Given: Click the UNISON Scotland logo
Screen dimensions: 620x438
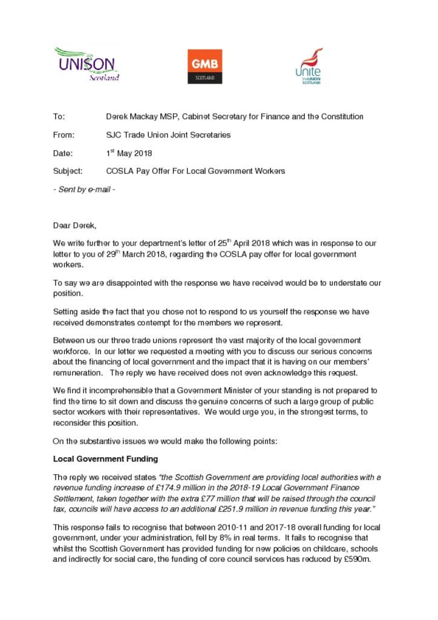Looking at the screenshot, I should (86, 65).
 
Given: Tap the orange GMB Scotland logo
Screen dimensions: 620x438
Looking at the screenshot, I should (205, 66).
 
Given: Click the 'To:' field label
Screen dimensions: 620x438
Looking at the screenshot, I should (59, 116).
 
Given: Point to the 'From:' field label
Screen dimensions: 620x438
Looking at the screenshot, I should (64, 134).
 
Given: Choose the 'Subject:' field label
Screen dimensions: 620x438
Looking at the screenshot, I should (68, 171).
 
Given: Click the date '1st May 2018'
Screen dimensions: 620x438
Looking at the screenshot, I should (129, 153).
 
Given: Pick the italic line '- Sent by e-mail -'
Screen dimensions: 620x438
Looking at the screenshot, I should (84, 190).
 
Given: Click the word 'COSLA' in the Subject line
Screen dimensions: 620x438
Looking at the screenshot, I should (119, 171).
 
